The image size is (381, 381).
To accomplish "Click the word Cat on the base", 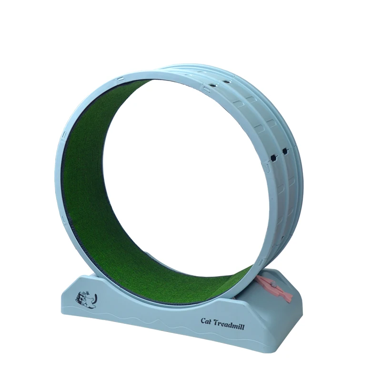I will (207, 321).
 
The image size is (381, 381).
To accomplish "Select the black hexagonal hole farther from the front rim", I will (285, 151).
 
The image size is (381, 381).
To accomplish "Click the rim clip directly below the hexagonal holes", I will (268, 166).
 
